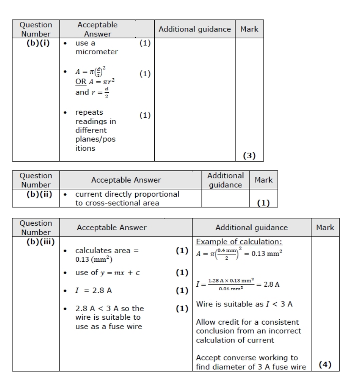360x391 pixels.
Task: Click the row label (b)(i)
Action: (36, 43)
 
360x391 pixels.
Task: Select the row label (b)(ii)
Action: (36, 194)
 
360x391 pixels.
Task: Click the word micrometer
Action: (96, 52)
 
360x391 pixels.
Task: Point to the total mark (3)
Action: (249, 156)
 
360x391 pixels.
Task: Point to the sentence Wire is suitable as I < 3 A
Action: (244, 304)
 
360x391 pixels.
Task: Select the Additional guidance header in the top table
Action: (194, 29)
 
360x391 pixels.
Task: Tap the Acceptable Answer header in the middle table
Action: (126, 180)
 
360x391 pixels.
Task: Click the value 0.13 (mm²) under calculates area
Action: (94, 260)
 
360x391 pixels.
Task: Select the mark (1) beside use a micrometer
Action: (145, 43)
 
